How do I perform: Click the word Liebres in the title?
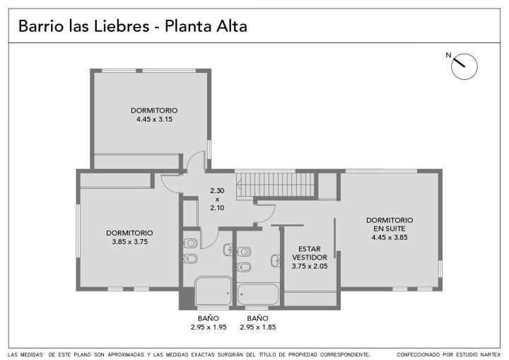pyautogui.click(x=122, y=26)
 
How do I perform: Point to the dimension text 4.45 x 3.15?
pyautogui.click(x=154, y=120)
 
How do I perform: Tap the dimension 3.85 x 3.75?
pyautogui.click(x=130, y=242)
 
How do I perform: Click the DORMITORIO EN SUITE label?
pyautogui.click(x=390, y=224)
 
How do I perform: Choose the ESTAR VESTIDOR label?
pyautogui.click(x=310, y=253)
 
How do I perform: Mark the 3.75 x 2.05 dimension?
pyautogui.click(x=310, y=267)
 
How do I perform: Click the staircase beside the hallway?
pyautogui.click(x=275, y=185)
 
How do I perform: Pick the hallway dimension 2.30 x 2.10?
pyautogui.click(x=217, y=199)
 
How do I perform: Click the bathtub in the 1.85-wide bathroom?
pyautogui.click(x=258, y=294)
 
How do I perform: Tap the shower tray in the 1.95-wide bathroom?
pyautogui.click(x=213, y=291)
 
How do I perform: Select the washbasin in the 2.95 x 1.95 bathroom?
pyautogui.click(x=228, y=249)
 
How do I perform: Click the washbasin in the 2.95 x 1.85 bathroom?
pyautogui.click(x=276, y=260)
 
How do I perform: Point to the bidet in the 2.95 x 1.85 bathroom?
pyautogui.click(x=244, y=267)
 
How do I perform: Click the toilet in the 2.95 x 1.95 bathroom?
pyautogui.click(x=191, y=243)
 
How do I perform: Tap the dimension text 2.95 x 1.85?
pyautogui.click(x=258, y=327)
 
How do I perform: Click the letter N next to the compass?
pyautogui.click(x=448, y=55)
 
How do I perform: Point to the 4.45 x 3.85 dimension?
pyautogui.click(x=390, y=238)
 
